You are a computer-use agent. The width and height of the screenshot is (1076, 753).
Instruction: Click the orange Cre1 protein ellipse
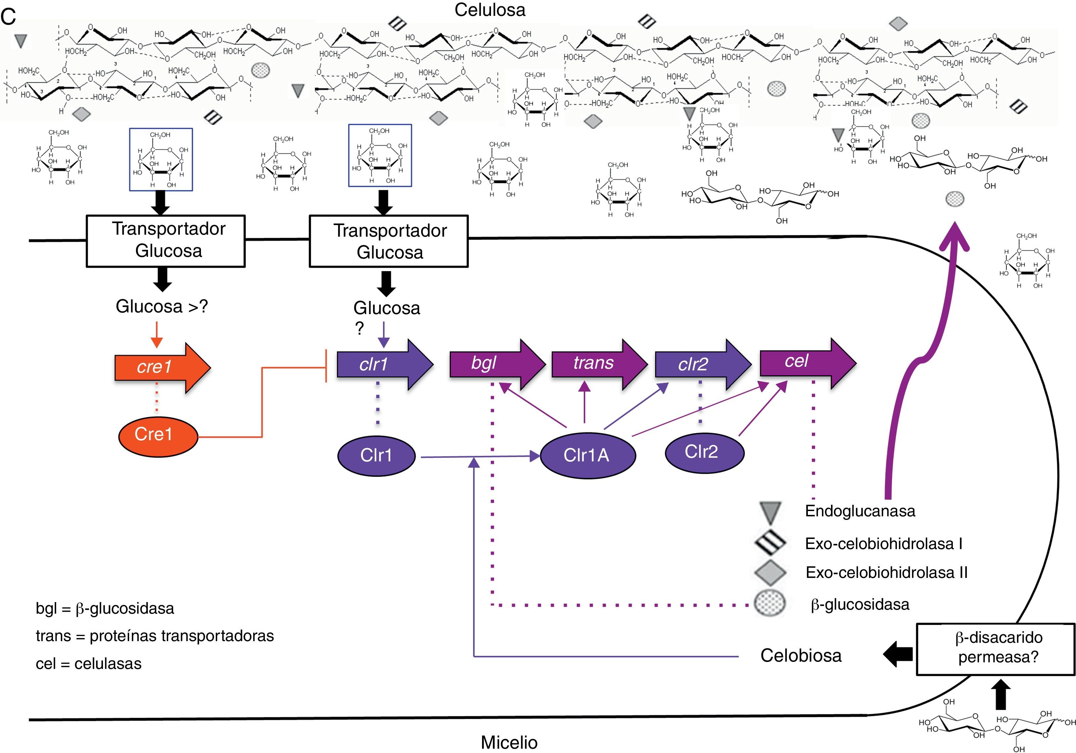[x=158, y=436]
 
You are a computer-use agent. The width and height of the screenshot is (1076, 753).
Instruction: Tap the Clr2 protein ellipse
[x=705, y=452]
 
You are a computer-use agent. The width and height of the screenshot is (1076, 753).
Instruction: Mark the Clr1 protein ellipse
[x=376, y=455]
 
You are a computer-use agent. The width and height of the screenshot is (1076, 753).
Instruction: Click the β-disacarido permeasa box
[x=996, y=649]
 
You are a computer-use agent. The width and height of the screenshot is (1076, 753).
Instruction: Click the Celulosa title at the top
[x=490, y=10]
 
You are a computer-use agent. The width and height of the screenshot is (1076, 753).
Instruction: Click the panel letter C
[x=8, y=17]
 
